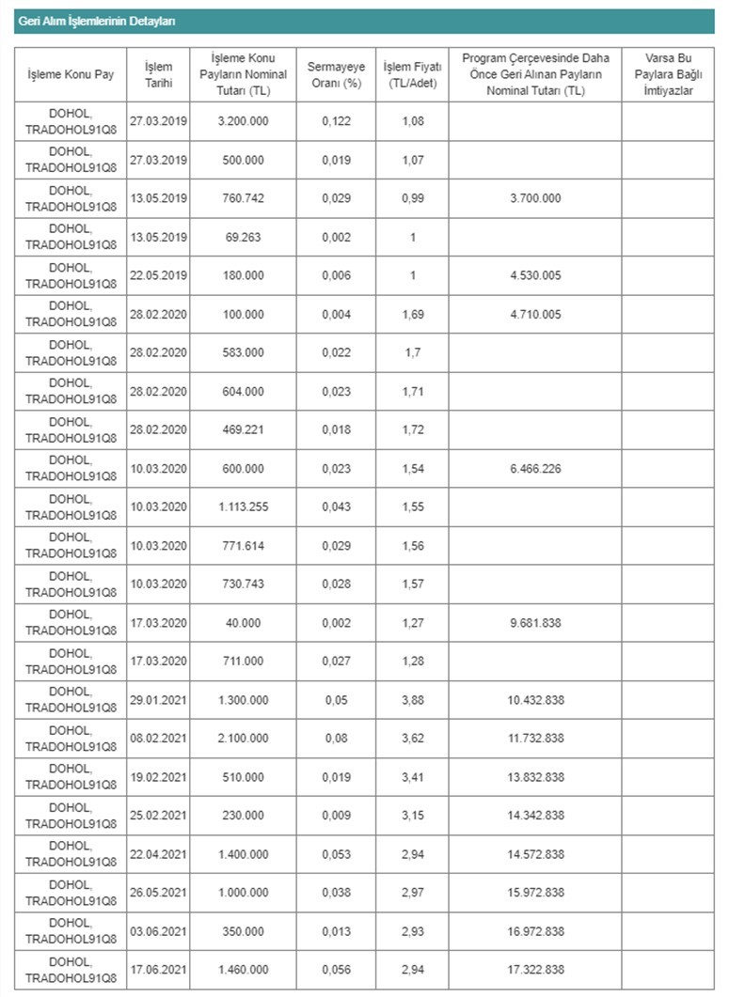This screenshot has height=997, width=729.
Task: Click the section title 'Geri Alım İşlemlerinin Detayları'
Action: pos(97,21)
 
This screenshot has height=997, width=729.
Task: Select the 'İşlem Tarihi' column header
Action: pos(159,74)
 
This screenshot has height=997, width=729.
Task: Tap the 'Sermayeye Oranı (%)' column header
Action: pos(336,74)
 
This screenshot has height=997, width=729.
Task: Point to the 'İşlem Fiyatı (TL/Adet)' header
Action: pos(412,74)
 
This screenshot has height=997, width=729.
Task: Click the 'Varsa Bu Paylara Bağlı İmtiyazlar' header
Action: pos(667,74)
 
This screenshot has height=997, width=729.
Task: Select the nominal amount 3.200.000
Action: pos(242,122)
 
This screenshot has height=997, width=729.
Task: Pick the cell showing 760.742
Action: pos(242,199)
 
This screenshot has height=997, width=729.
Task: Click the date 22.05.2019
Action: pos(159,276)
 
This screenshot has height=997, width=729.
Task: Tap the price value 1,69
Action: pos(412,315)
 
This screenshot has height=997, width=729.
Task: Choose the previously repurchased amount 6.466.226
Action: pos(535,469)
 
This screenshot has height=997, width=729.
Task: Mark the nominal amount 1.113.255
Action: pos(242,507)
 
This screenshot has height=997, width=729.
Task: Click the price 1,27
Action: pos(412,623)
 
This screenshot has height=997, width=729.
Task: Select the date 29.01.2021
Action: pos(159,700)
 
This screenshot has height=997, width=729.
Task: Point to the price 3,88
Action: pos(412,700)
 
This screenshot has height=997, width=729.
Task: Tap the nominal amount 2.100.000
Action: pos(242,739)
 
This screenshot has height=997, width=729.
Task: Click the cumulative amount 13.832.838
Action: pos(535,777)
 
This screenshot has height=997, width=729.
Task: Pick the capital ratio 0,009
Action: pos(336,816)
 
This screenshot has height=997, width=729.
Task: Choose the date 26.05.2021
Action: pos(159,893)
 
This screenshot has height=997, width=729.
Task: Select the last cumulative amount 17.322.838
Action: pos(535,970)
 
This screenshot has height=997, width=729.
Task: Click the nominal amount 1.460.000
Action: pos(242,970)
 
